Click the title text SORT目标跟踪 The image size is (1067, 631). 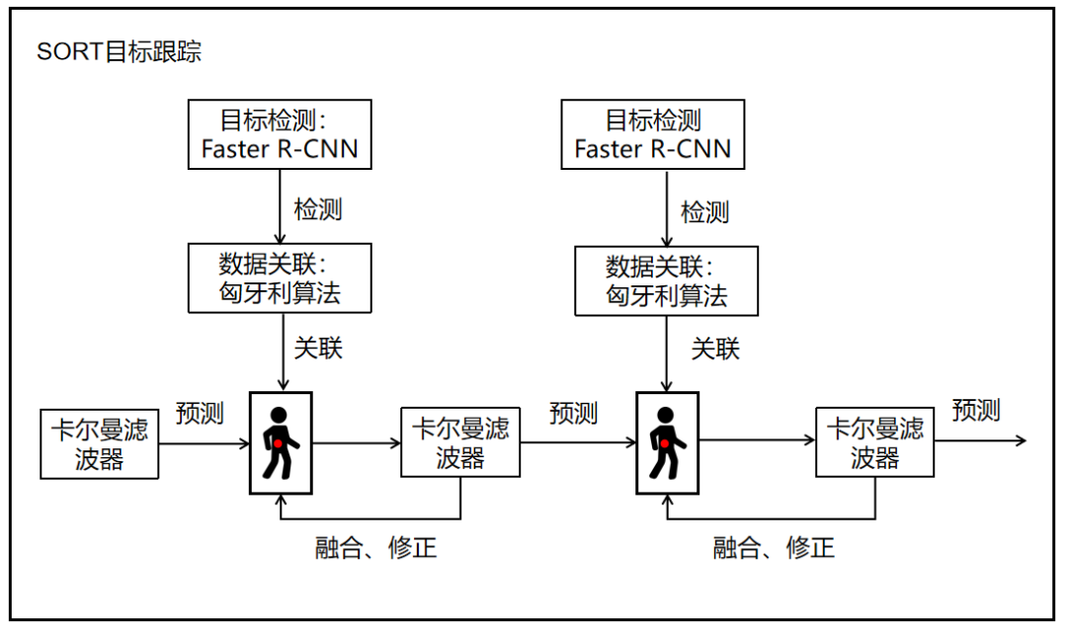pyautogui.click(x=119, y=52)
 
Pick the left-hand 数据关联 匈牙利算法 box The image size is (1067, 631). pyautogui.click(x=281, y=279)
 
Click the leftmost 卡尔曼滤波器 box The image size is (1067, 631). pyautogui.click(x=100, y=443)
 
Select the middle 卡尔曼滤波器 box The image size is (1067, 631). pyautogui.click(x=460, y=442)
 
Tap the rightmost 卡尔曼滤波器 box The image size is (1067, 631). pyautogui.click(x=875, y=442)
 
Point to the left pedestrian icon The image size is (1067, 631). pyautogui.click(x=281, y=442)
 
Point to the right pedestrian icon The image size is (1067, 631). pyautogui.click(x=667, y=442)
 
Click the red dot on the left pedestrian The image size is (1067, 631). pyautogui.click(x=280, y=444)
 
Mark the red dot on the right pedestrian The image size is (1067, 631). pyautogui.click(x=667, y=445)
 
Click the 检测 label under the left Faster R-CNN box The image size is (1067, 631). pyautogui.click(x=318, y=209)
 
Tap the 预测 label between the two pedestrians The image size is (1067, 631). pyautogui.click(x=573, y=413)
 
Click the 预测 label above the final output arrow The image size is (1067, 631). pyautogui.click(x=976, y=410)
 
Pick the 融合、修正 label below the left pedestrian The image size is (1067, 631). pyautogui.click(x=375, y=548)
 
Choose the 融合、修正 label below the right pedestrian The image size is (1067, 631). pyautogui.click(x=774, y=548)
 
